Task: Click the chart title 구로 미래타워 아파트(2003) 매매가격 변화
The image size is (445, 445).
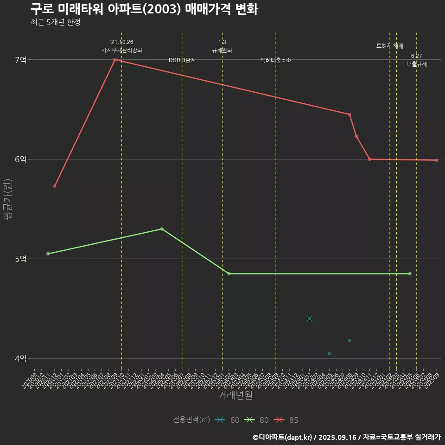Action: point(144,9)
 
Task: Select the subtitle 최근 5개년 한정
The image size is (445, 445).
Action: point(56,22)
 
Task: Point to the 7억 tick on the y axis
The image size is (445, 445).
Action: point(21,60)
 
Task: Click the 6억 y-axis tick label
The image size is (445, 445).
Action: point(21,159)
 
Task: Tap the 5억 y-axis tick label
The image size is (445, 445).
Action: point(21,259)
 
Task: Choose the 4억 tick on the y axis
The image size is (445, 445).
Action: point(21,358)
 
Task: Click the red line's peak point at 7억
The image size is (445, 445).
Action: point(115,60)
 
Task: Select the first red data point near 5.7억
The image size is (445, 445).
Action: point(55,186)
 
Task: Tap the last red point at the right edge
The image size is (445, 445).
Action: point(437,160)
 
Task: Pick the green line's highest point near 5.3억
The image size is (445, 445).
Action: point(162,229)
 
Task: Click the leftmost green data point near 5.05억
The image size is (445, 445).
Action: point(48,254)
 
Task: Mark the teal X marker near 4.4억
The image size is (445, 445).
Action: point(310,318)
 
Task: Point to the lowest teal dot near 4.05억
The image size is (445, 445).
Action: point(330,353)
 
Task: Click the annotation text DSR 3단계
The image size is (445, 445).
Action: point(182,60)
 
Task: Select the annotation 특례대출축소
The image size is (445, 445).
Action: point(276,60)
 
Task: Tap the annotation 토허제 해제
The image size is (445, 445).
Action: point(390,46)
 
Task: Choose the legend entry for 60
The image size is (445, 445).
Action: point(228,420)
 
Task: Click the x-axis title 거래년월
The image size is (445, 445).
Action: point(235,395)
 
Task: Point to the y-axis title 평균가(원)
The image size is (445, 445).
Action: point(8,199)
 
